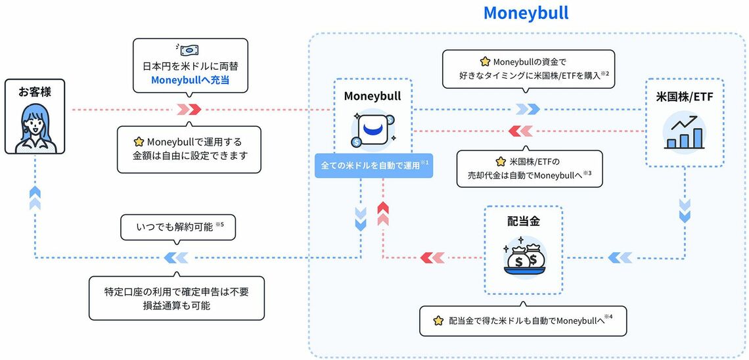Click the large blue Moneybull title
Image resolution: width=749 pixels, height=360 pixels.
point(526,12)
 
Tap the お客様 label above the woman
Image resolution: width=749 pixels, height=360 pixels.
point(35,92)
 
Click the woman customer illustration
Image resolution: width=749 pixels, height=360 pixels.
point(35,129)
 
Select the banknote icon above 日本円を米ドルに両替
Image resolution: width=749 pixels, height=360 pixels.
point(191,50)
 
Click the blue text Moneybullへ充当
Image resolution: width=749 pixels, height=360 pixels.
point(191,80)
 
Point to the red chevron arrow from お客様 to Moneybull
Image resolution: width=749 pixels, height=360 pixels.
point(191,109)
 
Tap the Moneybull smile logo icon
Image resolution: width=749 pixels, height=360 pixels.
point(373,127)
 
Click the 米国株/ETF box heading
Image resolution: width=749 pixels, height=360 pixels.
point(685,97)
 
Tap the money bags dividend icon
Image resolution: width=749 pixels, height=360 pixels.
point(523,258)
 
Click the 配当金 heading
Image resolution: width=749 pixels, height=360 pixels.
point(523,221)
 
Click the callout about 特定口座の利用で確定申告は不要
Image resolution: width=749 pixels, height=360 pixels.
point(176,298)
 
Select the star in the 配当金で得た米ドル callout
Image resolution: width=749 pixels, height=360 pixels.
point(438,321)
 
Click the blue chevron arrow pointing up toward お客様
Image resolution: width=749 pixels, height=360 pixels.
point(35,198)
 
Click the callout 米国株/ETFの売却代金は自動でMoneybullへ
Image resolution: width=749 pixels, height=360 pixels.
point(528,168)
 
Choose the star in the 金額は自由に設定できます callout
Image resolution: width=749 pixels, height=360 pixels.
point(139,141)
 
